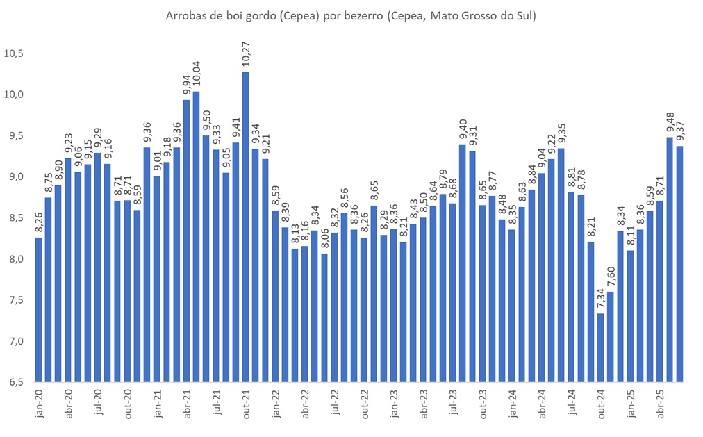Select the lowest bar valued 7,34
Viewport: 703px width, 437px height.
(x=600, y=347)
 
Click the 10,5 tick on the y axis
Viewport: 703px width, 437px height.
(x=13, y=53)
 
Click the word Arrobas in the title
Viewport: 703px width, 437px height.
(x=185, y=15)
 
